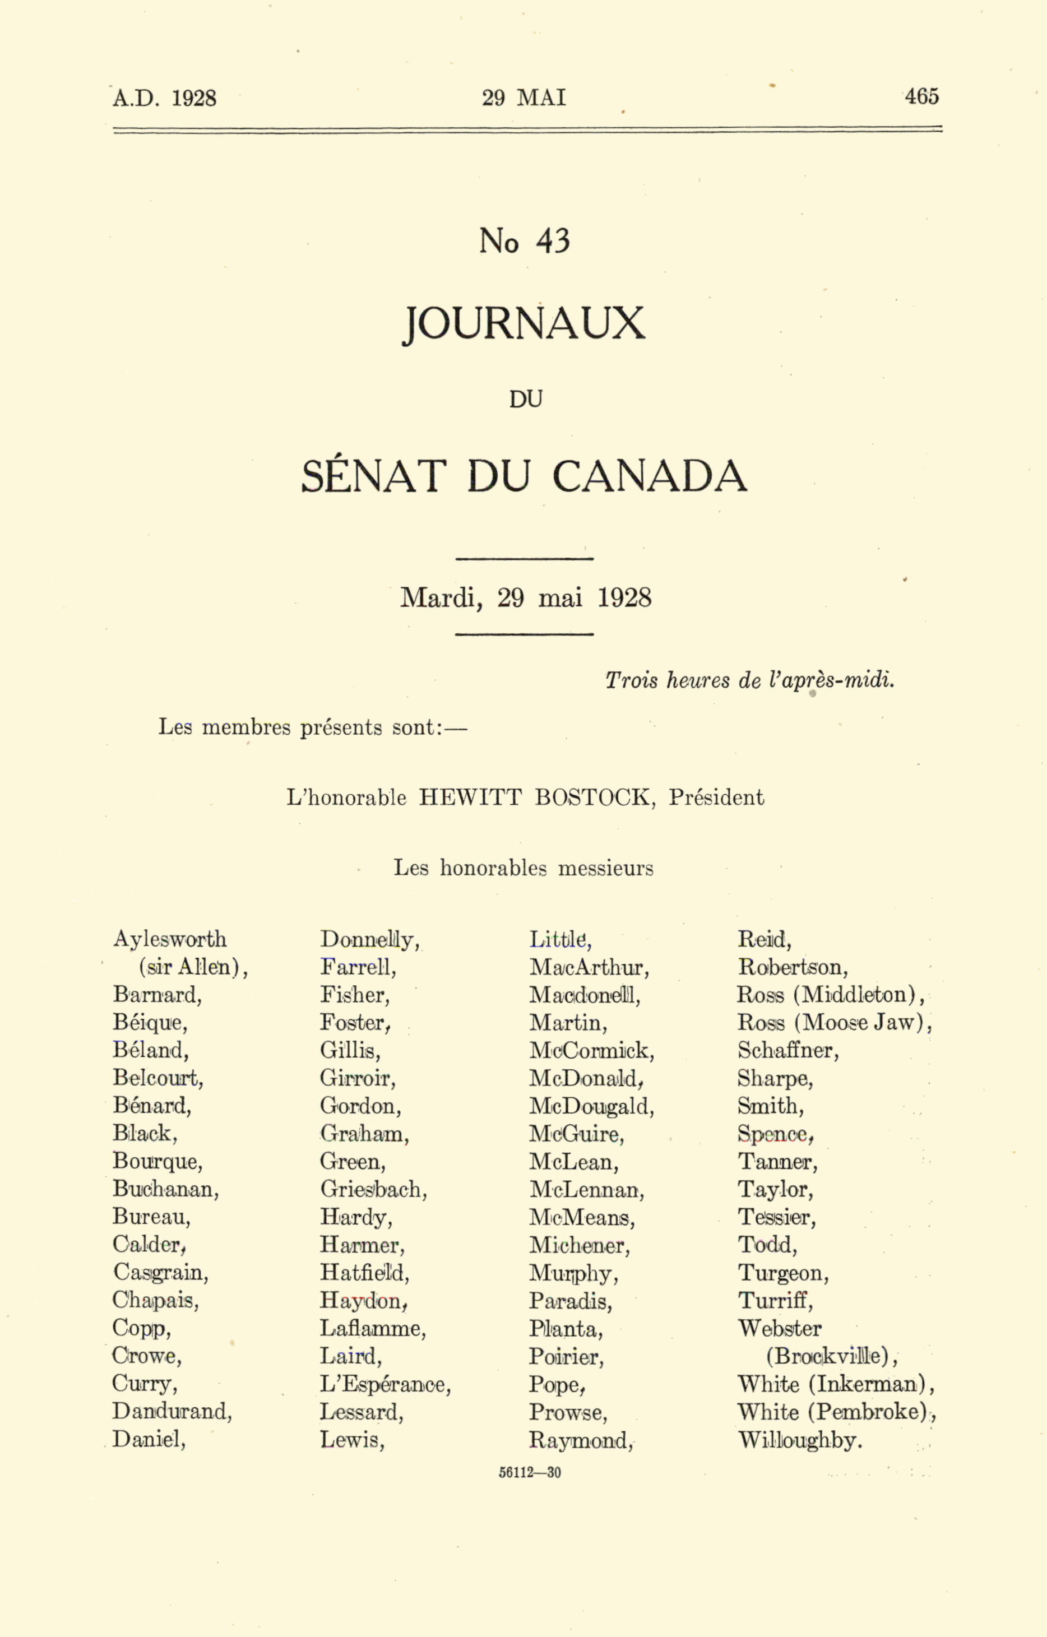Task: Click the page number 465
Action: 921,96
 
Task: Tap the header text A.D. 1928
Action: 165,99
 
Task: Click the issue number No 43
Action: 524,242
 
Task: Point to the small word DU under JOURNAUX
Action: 526,400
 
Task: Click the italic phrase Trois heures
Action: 668,680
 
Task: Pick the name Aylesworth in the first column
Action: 169,939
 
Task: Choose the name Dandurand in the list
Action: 172,1411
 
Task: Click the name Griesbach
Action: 373,1189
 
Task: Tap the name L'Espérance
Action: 385,1384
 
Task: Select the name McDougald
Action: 591,1106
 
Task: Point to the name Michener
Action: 579,1245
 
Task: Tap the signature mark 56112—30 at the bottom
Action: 530,1473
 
